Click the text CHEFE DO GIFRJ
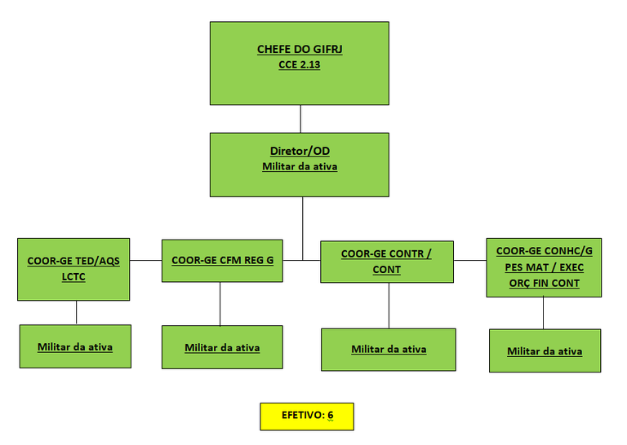click(x=300, y=49)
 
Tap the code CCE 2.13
click(x=300, y=64)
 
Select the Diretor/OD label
click(x=300, y=151)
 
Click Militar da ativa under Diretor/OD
click(x=300, y=166)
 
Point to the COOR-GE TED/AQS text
click(x=73, y=261)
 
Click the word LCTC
click(x=73, y=276)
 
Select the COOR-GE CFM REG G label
click(x=222, y=260)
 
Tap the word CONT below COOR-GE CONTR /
click(x=387, y=270)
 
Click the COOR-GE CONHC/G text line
click(x=545, y=251)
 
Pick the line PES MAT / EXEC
click(x=545, y=267)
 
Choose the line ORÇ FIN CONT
click(x=545, y=284)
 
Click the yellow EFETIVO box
click(x=307, y=416)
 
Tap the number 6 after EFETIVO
click(x=331, y=415)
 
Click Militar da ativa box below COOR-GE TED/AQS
click(x=75, y=346)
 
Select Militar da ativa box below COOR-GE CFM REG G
click(x=222, y=347)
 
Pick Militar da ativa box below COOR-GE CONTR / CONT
click(x=389, y=350)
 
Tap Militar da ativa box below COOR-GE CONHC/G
click(x=545, y=350)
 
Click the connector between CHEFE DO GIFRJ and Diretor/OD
click(x=300, y=119)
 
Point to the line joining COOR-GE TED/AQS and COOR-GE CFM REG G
click(x=145, y=260)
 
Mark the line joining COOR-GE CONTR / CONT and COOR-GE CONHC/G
click(x=470, y=260)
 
